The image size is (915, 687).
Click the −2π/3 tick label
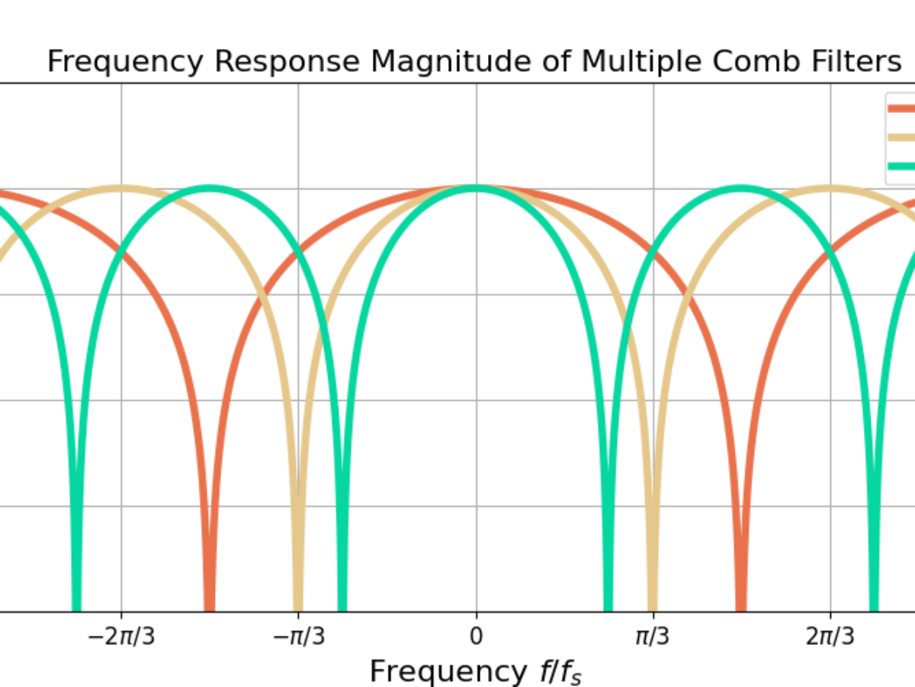[x=120, y=636]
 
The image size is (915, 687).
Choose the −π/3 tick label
[x=298, y=636]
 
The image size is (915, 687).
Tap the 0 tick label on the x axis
[x=477, y=636]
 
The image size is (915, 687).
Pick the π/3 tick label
[x=653, y=636]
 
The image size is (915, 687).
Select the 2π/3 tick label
[x=830, y=636]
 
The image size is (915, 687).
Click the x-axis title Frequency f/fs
[x=476, y=672]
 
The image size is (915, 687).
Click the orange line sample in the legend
[x=902, y=108]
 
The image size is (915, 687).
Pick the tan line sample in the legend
[x=902, y=137]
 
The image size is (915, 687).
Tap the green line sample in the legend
[x=902, y=166]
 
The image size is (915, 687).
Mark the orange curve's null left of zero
[x=210, y=603]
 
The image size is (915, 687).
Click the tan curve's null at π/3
[x=653, y=603]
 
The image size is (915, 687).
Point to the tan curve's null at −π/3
[x=298, y=603]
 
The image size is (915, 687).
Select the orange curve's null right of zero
[x=741, y=603]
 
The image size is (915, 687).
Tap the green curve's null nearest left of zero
[x=342, y=603]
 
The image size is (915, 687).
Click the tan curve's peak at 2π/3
[x=830, y=188]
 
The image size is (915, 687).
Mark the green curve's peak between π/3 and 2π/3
[x=740, y=188]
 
